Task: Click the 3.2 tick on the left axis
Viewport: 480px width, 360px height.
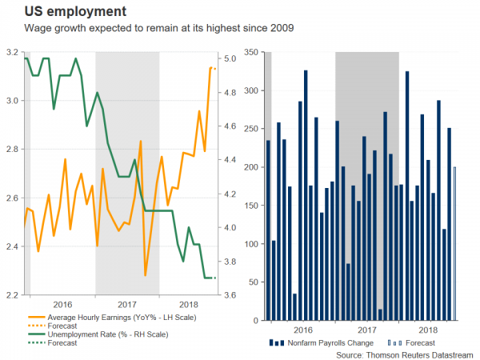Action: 11,52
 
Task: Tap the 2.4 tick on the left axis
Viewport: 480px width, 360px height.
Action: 11,246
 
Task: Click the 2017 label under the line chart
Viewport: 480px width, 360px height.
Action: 126,305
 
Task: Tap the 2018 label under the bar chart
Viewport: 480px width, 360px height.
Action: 430,329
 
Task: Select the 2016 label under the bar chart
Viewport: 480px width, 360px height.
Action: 303,329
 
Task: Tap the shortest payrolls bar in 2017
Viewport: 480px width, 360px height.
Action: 380,314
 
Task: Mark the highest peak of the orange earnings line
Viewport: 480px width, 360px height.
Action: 210,68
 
